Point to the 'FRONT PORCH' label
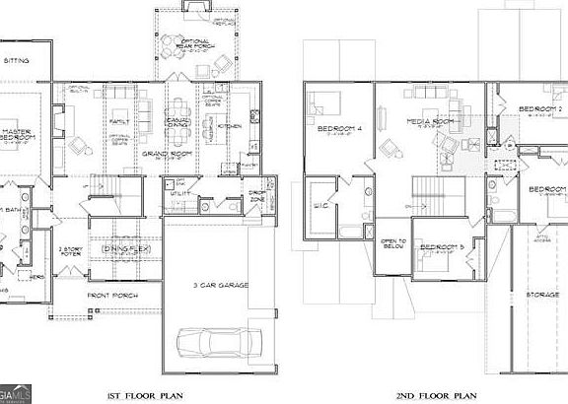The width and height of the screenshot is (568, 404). coord(110,295)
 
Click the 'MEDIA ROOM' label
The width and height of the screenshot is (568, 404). coord(429,120)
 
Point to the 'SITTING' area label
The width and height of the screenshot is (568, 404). coord(17,60)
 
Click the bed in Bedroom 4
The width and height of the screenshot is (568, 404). coord(324,103)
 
